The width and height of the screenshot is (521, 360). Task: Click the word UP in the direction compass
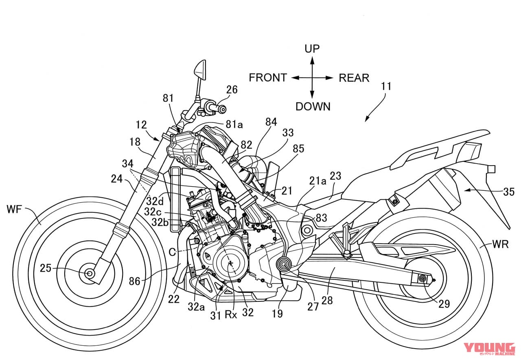click(312, 49)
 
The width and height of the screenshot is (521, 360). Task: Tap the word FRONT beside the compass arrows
click(268, 77)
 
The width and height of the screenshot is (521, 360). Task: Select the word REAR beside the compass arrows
click(354, 78)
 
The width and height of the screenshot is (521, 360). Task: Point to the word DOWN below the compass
click(313, 107)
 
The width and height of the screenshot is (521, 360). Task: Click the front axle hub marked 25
click(89, 273)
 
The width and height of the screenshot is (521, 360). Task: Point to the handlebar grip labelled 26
click(215, 108)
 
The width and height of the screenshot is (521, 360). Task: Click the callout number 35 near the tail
click(508, 191)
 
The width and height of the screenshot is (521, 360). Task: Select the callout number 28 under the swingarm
click(327, 300)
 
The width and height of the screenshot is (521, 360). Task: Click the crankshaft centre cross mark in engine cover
click(231, 263)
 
